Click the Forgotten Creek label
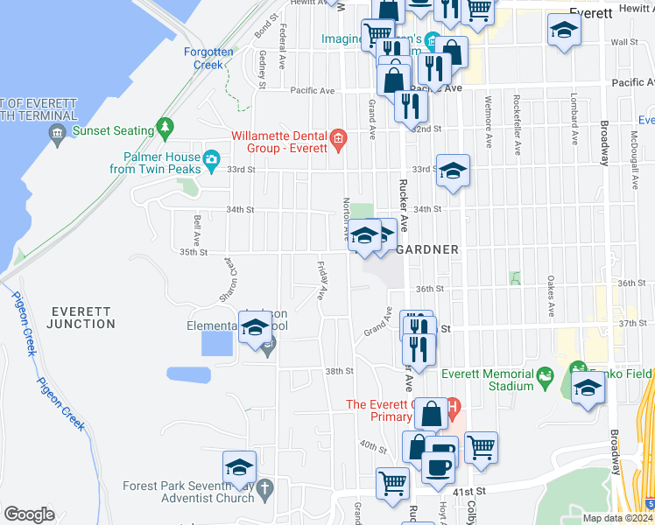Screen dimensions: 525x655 pyautogui.click(x=208, y=59)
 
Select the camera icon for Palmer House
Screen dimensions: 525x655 pyautogui.click(x=211, y=159)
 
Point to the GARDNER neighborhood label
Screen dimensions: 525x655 pyautogui.click(x=428, y=249)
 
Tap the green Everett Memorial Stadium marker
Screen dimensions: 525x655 pyautogui.click(x=546, y=377)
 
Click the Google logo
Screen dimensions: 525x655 pyautogui.click(x=30, y=514)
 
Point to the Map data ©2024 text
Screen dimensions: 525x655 pyautogui.click(x=616, y=518)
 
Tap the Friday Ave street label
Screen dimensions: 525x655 pyautogui.click(x=321, y=280)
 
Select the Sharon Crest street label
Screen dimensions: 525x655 pyautogui.click(x=229, y=279)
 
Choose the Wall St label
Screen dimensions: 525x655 pyautogui.click(x=623, y=42)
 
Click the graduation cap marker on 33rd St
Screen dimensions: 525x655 pyautogui.click(x=453, y=171)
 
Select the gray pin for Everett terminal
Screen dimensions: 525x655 pyautogui.click(x=58, y=134)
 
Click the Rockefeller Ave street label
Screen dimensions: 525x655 pyautogui.click(x=518, y=124)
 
